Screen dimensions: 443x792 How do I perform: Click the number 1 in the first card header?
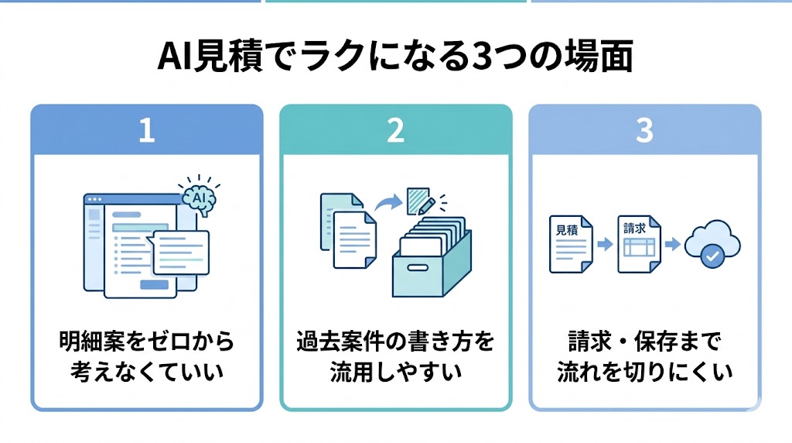[x=146, y=131]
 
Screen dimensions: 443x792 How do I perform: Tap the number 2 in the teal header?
[x=395, y=131]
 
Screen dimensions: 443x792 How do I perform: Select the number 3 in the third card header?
[x=644, y=131]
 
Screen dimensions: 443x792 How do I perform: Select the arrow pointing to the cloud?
[x=673, y=245]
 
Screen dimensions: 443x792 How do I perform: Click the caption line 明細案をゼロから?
[x=146, y=342]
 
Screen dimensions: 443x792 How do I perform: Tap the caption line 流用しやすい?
[x=395, y=372]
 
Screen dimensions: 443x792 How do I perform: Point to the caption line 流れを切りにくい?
[x=644, y=372]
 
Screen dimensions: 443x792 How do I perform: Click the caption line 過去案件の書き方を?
[x=395, y=342]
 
